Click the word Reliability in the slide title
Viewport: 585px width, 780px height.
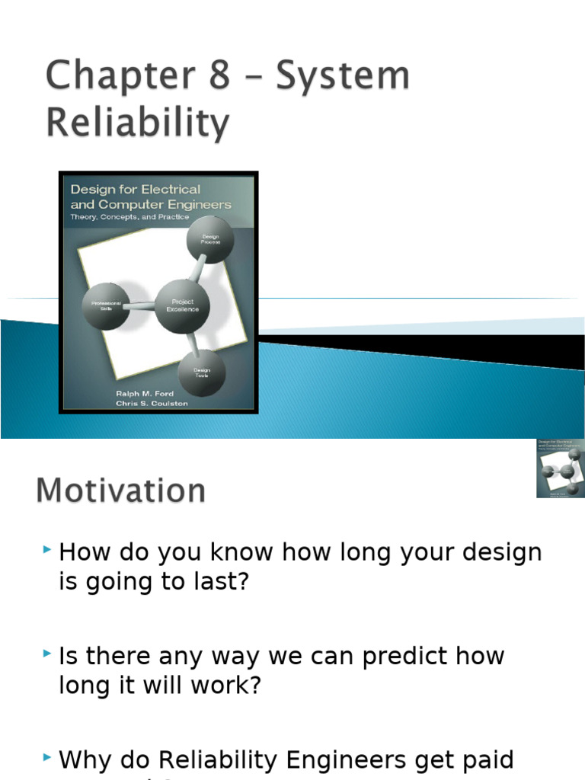[x=138, y=123]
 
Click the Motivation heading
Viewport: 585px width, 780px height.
[x=120, y=491]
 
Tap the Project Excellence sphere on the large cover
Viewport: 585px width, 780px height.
[x=183, y=306]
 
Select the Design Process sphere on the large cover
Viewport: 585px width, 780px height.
[x=210, y=238]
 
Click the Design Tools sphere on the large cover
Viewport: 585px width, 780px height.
[x=202, y=373]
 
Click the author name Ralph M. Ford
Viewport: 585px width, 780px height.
[x=145, y=393]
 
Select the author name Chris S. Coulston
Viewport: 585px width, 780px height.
[x=152, y=403]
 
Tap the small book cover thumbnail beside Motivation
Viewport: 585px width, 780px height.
[x=561, y=468]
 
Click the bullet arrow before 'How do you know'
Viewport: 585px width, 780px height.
[x=48, y=549]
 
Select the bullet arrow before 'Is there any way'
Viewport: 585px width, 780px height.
[x=48, y=654]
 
